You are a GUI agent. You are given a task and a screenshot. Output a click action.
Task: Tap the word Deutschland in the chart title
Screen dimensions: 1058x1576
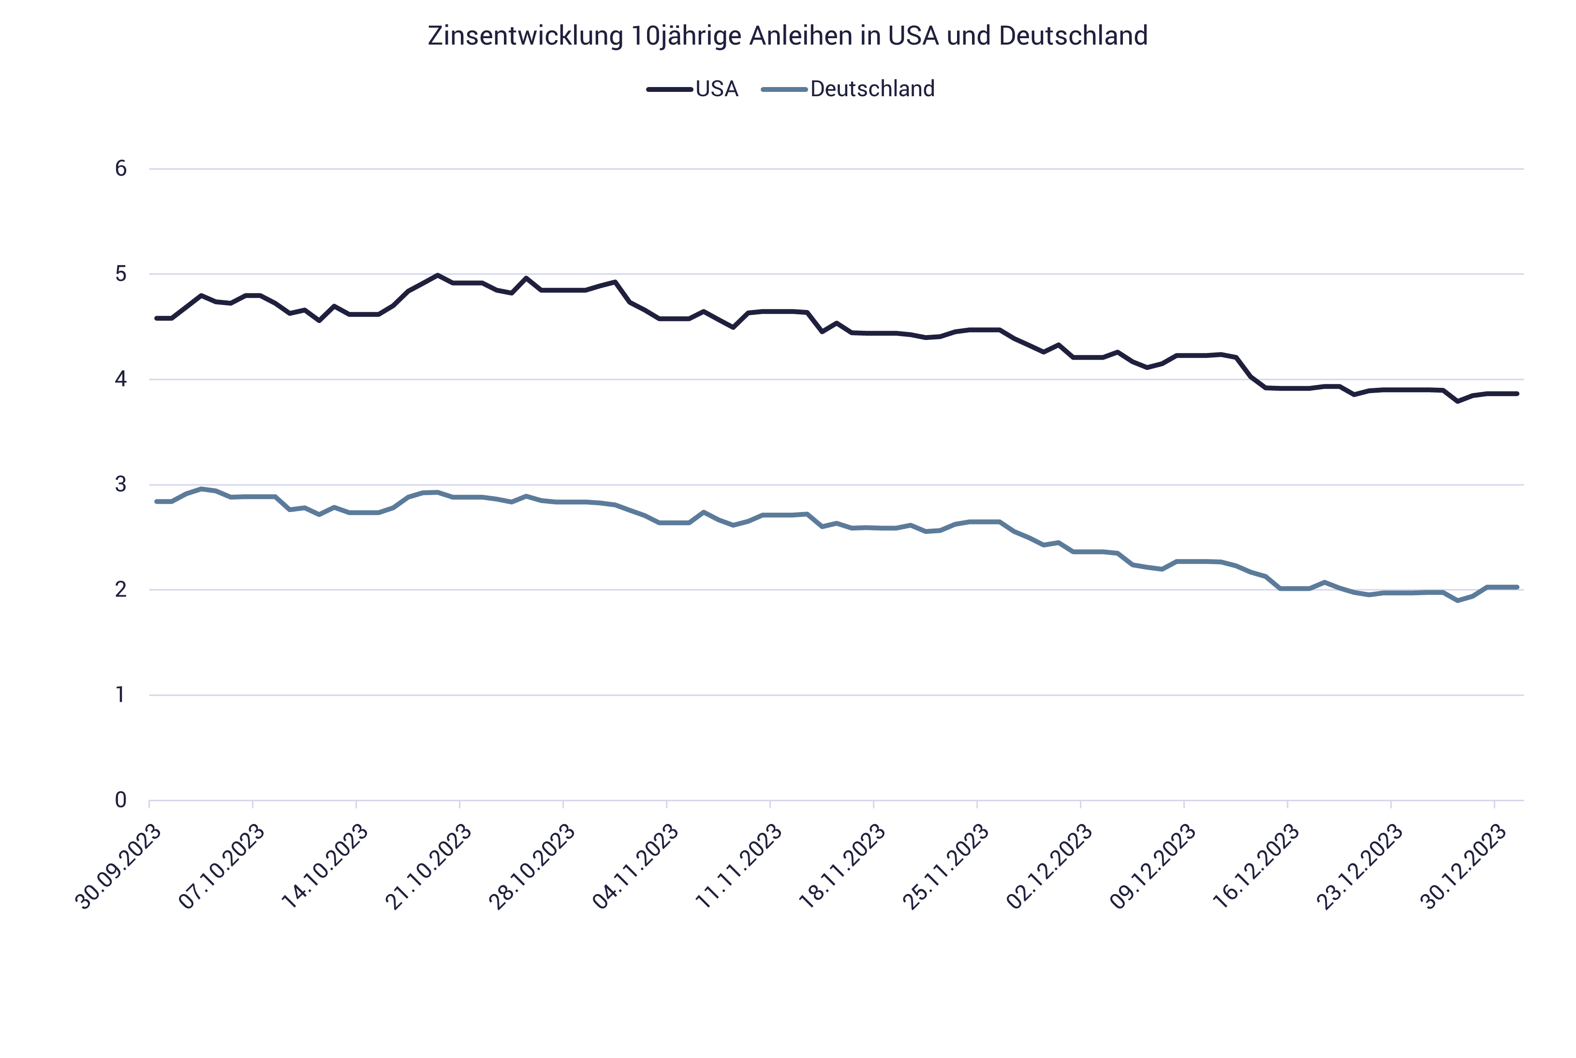click(1073, 36)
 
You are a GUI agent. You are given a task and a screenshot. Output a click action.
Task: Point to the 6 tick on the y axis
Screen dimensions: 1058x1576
click(121, 169)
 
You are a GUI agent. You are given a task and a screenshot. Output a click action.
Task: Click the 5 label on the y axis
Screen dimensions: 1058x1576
click(121, 274)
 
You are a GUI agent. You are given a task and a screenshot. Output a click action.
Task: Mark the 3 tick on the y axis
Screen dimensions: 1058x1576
click(121, 485)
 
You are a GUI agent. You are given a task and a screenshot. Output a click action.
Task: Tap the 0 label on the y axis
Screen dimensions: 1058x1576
click(121, 800)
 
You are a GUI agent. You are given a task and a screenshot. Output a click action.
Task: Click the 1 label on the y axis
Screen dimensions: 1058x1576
click(121, 695)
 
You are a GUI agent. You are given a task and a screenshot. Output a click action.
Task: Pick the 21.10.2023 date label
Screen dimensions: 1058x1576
click(429, 867)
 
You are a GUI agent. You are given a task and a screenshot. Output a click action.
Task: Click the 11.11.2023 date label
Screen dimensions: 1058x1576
click(739, 867)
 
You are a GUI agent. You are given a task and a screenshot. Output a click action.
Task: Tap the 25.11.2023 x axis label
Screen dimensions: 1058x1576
click(946, 867)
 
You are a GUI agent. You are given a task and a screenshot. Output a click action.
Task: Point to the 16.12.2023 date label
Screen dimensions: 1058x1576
click(1256, 867)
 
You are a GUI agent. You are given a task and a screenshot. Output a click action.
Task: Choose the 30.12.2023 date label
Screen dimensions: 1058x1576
click(1463, 867)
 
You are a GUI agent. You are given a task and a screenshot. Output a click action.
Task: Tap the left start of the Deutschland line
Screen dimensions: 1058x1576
click(157, 501)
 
